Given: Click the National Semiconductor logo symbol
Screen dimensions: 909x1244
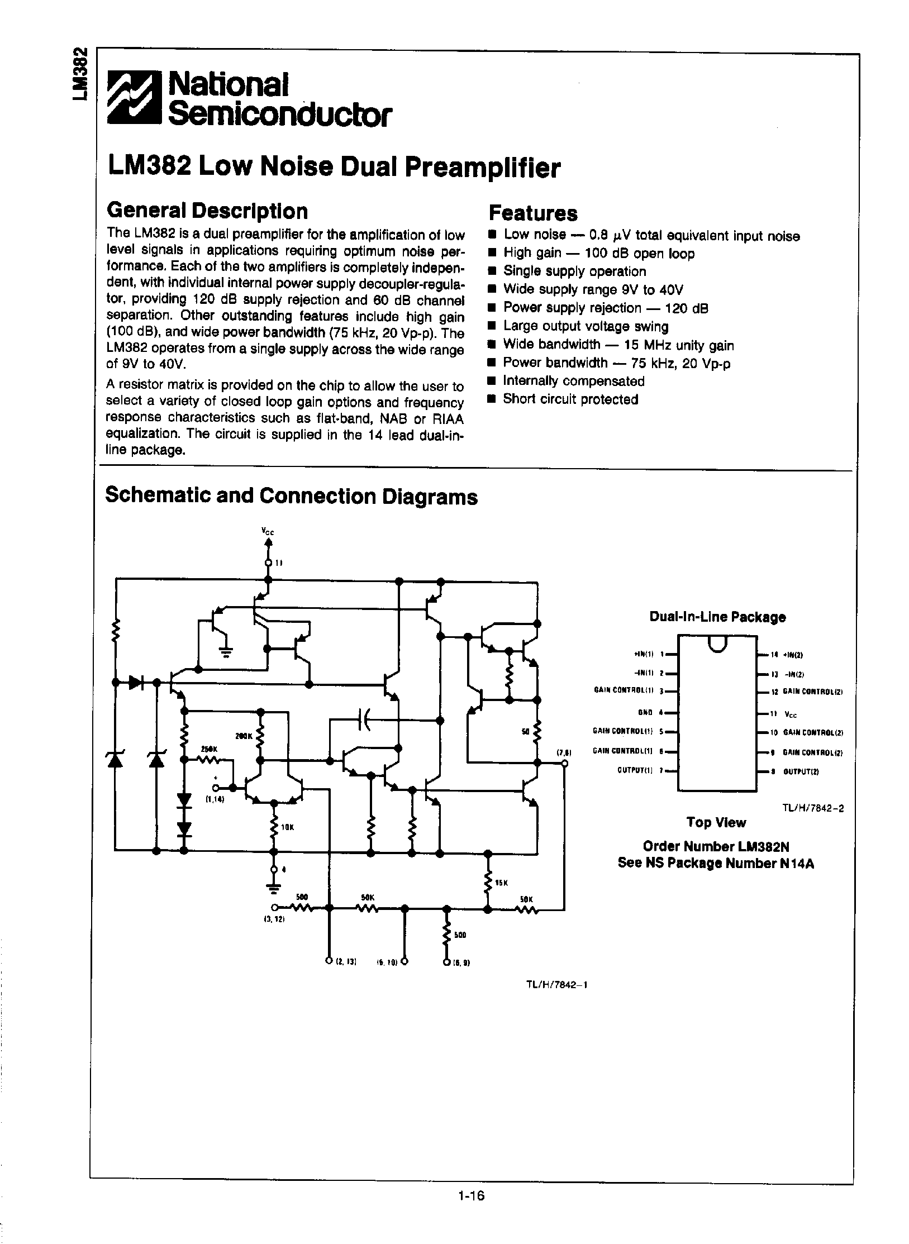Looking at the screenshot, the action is tap(135, 97).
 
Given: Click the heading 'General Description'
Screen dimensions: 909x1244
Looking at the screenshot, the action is tap(207, 211).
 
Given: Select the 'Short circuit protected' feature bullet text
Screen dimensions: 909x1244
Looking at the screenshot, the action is tap(570, 399).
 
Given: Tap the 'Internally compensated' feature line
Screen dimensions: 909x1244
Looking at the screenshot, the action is tap(574, 381).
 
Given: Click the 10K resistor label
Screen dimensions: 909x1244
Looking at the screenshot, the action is tap(287, 827).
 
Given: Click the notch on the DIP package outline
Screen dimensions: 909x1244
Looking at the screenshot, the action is tap(717, 644).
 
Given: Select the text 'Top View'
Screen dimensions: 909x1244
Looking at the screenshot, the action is tap(716, 822).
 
